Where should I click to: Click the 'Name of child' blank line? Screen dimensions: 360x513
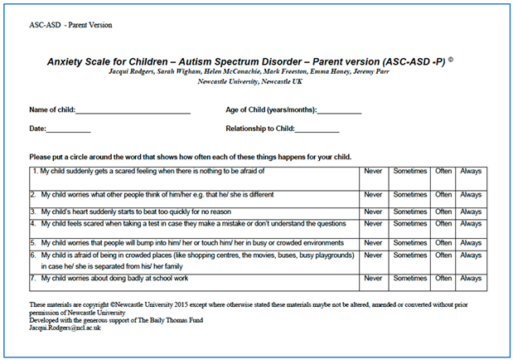coord(133,111)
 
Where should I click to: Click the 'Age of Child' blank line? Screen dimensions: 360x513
coord(339,111)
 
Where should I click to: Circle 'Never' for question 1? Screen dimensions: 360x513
coord(373,171)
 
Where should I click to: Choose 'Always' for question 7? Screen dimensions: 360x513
coord(471,279)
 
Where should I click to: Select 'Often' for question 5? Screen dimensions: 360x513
coord(443,242)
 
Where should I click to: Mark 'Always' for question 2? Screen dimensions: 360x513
coord(471,195)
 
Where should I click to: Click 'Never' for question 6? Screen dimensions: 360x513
coord(373,255)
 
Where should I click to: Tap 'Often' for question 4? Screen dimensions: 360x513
coord(443,223)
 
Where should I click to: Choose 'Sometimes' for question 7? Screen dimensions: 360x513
coord(409,279)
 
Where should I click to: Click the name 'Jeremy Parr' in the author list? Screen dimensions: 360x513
coord(389,72)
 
